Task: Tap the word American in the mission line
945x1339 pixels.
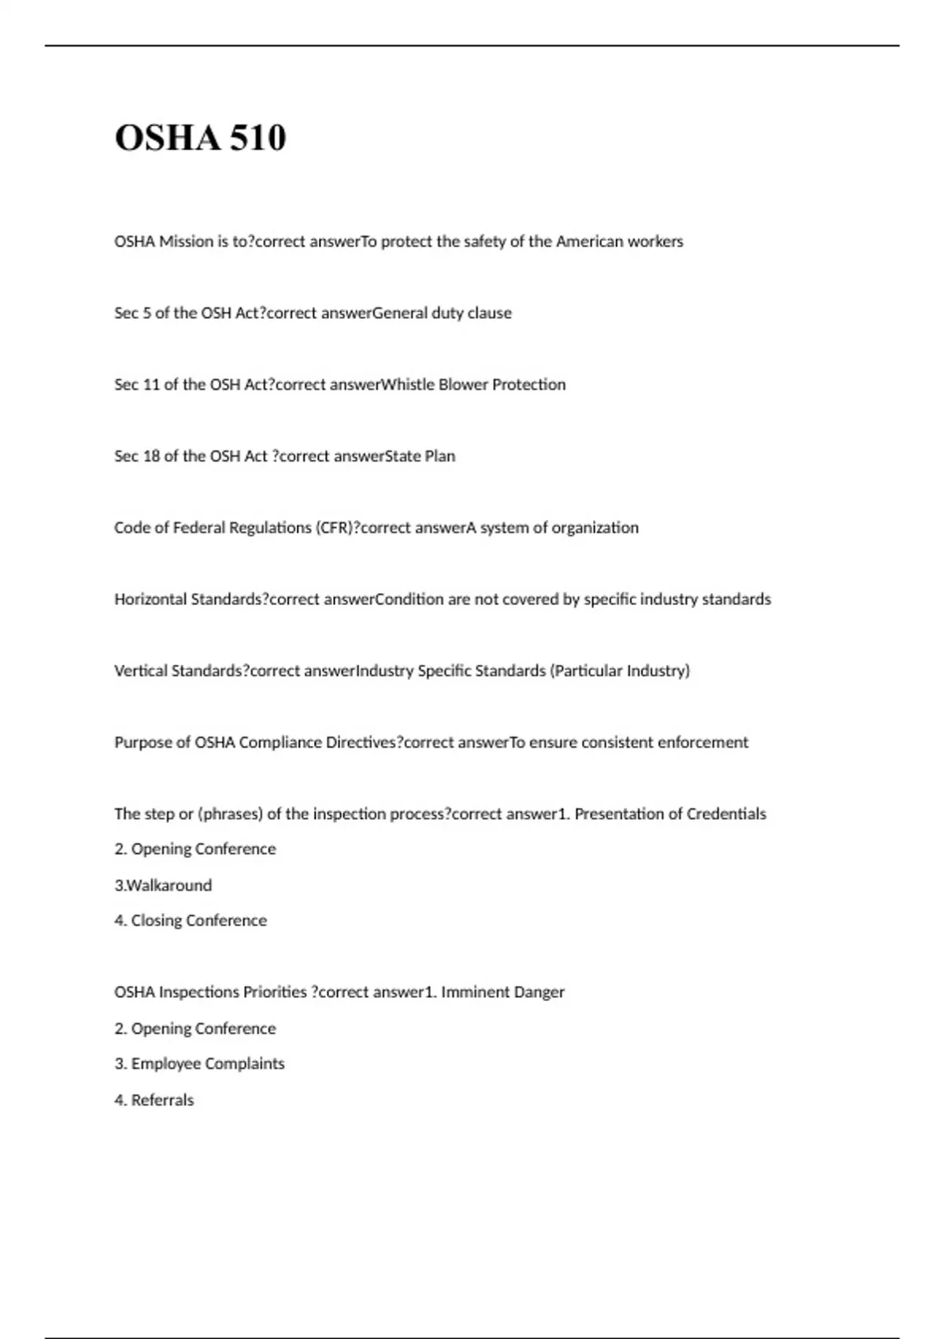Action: tap(590, 242)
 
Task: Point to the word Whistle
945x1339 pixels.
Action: tap(407, 385)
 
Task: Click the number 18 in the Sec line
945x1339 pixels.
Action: tap(151, 457)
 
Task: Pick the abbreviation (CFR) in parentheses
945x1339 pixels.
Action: tap(334, 528)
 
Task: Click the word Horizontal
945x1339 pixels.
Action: tap(150, 599)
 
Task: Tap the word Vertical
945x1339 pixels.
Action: tap(141, 671)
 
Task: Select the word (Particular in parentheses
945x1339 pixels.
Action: tap(584, 671)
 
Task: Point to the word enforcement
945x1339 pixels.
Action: tap(702, 743)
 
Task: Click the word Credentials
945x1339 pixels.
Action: tap(726, 814)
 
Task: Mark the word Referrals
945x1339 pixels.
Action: tap(162, 1100)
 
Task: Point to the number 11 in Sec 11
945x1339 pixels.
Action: tap(151, 385)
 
